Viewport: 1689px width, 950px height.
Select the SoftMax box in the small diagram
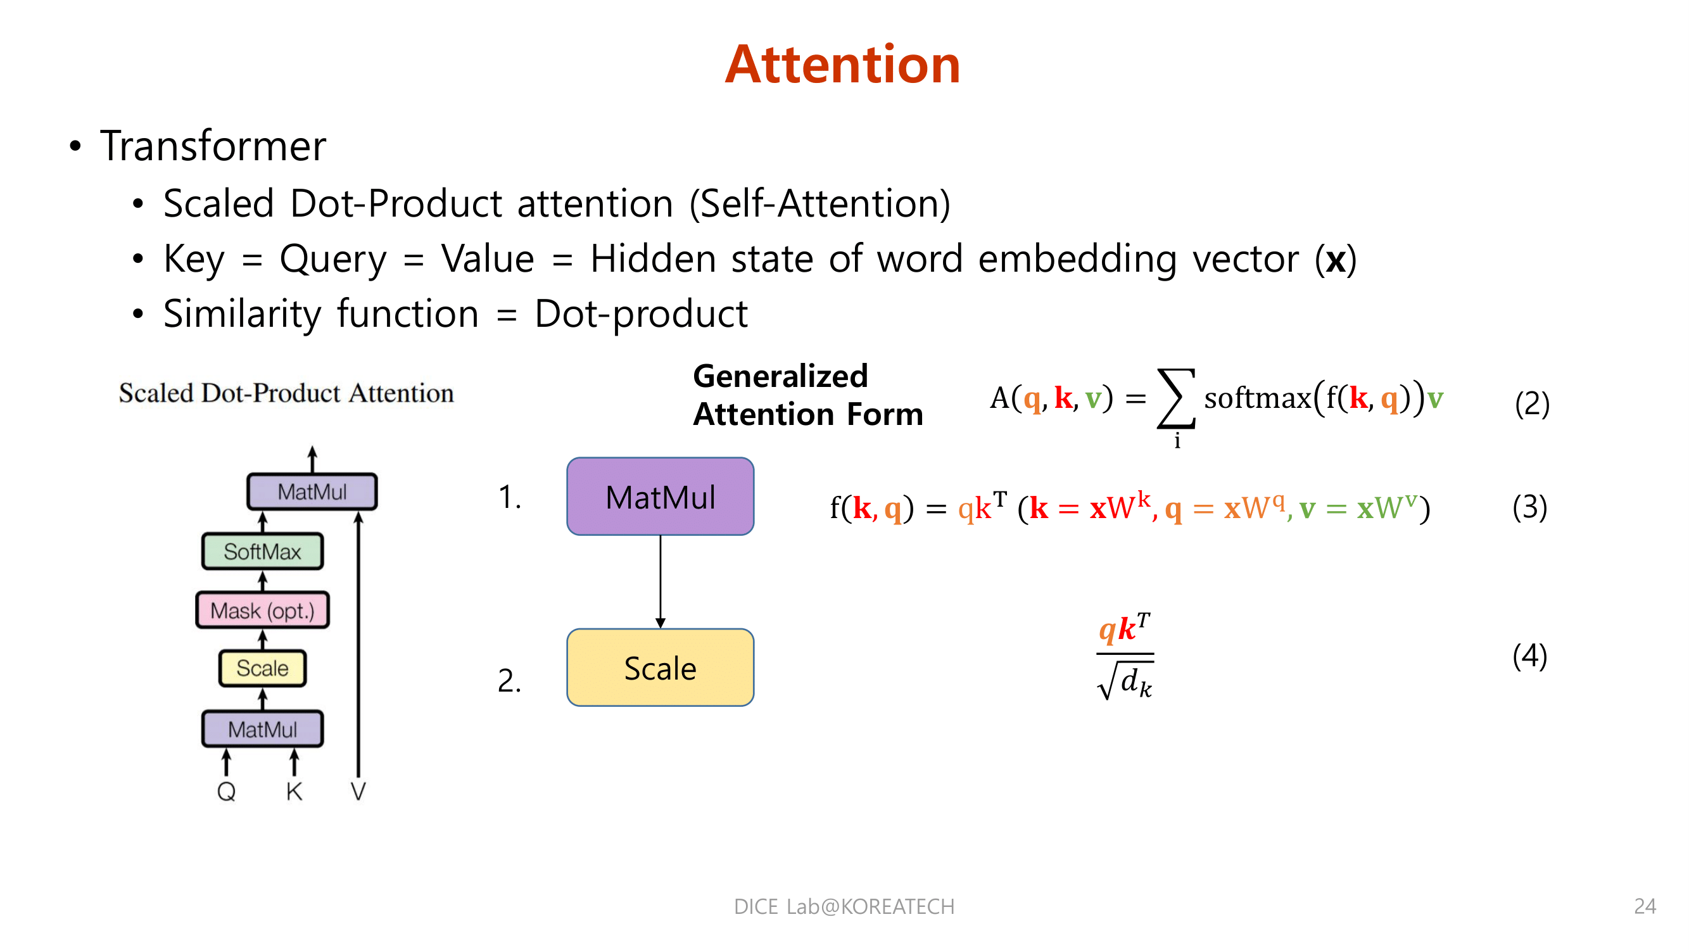coord(262,552)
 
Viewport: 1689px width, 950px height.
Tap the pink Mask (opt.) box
coord(262,611)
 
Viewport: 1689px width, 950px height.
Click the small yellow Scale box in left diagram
coord(262,668)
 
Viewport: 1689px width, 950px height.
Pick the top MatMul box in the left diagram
coord(312,491)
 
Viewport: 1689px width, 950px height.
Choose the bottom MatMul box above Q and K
coord(262,729)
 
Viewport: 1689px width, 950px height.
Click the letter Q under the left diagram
coord(226,791)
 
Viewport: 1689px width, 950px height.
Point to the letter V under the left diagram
coord(358,791)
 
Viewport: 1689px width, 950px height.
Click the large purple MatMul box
coord(661,497)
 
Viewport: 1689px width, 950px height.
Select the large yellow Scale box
coord(661,668)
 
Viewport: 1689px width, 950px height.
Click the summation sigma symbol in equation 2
coord(1176,398)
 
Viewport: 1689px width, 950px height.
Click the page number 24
coord(1645,906)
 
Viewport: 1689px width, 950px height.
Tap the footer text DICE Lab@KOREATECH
coord(844,906)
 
